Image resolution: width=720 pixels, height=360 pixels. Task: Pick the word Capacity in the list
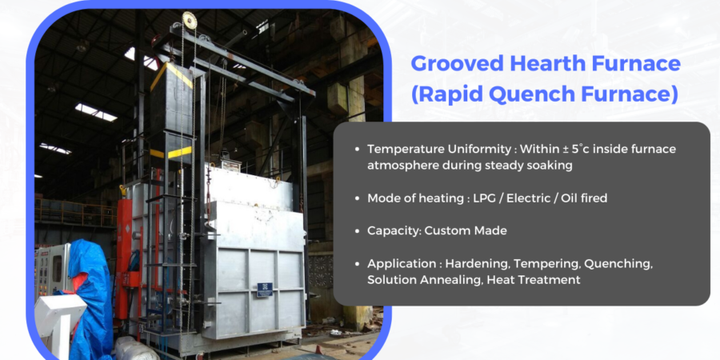(x=393, y=230)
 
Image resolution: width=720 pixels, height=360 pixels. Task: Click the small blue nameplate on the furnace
(x=264, y=289)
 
